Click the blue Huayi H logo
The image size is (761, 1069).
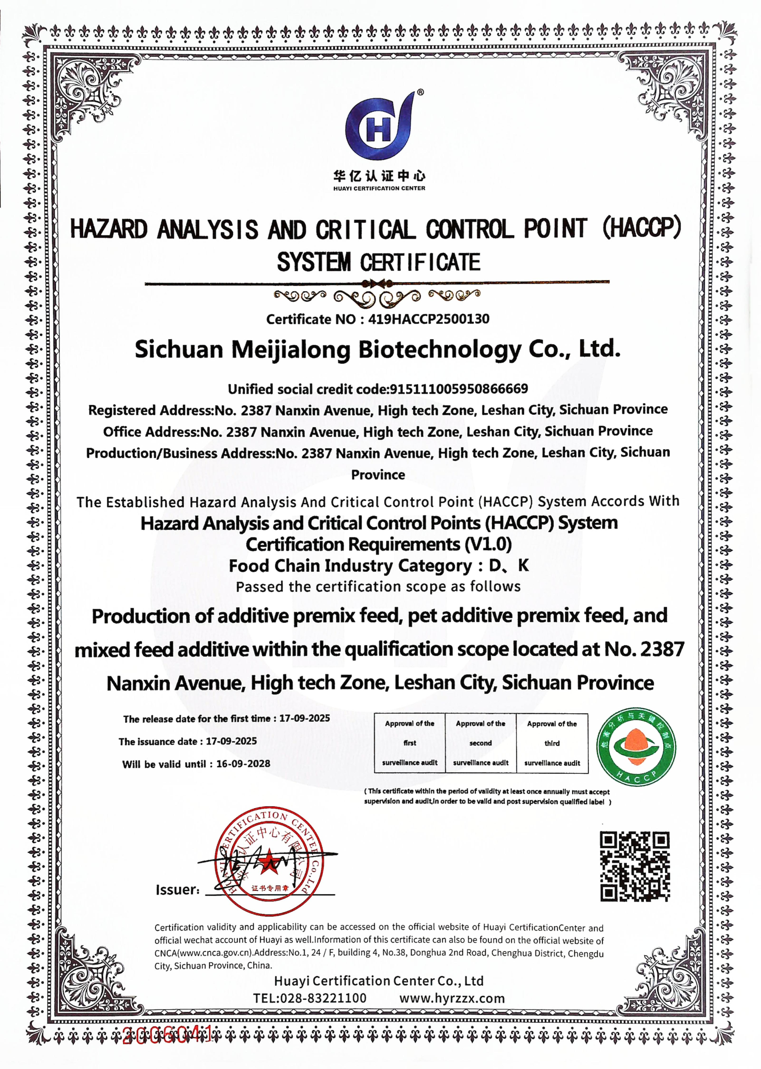(x=380, y=127)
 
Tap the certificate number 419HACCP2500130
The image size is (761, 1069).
(x=428, y=320)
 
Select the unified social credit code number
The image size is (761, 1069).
(x=459, y=389)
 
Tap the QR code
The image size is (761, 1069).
(x=635, y=866)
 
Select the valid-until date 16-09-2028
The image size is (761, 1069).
(x=243, y=764)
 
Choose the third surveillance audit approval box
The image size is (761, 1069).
(x=552, y=743)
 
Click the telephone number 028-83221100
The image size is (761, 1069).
(x=323, y=998)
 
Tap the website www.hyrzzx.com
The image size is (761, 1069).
(x=452, y=998)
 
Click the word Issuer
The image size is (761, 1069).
(x=177, y=890)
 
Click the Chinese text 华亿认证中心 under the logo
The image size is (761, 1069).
(x=379, y=176)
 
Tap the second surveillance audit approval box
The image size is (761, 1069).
(x=480, y=743)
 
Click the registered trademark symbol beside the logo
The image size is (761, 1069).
(x=420, y=93)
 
